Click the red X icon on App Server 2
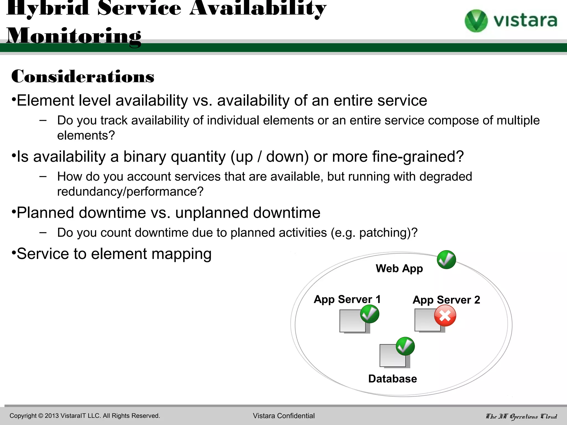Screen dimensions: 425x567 (445, 316)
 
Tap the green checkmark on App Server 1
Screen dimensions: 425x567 (370, 314)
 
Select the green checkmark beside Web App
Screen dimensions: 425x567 (446, 260)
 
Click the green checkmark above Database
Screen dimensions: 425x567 (405, 346)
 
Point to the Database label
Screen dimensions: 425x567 (392, 379)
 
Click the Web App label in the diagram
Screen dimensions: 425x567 (399, 269)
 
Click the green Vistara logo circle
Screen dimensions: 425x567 (476, 21)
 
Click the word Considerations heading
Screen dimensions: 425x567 (83, 77)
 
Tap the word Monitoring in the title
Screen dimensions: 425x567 (74, 36)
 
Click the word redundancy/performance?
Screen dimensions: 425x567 (130, 191)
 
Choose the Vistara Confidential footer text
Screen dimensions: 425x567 (283, 416)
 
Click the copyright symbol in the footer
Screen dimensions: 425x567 (41, 416)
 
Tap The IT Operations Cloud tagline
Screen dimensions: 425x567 (521, 416)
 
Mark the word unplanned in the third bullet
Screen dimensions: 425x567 (212, 213)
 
